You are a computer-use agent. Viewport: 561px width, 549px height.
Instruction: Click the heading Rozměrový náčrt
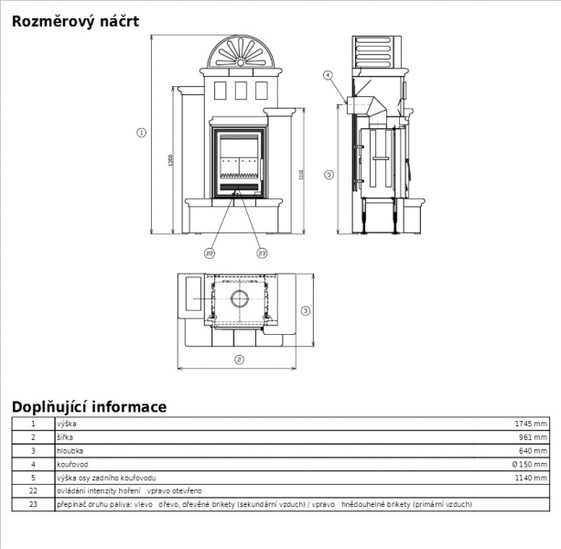(75, 21)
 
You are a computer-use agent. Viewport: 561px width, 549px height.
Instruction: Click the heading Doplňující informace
(89, 406)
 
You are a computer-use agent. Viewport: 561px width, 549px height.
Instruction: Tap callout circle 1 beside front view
(141, 133)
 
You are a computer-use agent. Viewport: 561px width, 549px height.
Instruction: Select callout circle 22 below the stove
(210, 253)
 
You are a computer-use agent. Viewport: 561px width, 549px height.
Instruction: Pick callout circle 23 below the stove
(262, 253)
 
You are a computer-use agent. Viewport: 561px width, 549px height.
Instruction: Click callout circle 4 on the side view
(328, 74)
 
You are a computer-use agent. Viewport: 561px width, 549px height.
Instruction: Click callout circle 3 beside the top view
(306, 309)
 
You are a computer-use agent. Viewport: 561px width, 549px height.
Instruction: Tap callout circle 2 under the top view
(238, 359)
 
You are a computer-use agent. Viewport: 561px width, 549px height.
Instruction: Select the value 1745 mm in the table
(531, 425)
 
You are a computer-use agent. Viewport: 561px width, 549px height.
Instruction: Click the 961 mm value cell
(534, 437)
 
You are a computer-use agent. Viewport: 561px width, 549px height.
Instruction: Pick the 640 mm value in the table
(534, 451)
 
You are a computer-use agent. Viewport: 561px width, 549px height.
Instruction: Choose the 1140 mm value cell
(531, 478)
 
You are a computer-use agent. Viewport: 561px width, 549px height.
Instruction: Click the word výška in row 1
(66, 425)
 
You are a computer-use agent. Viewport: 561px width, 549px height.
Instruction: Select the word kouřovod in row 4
(71, 464)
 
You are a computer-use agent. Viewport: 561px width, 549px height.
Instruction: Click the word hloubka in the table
(70, 451)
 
